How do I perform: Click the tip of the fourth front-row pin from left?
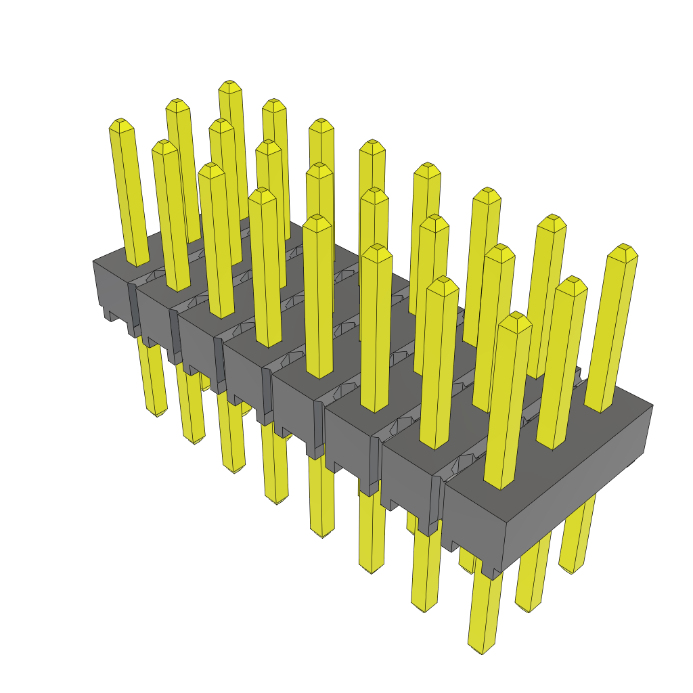tap(262, 194)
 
